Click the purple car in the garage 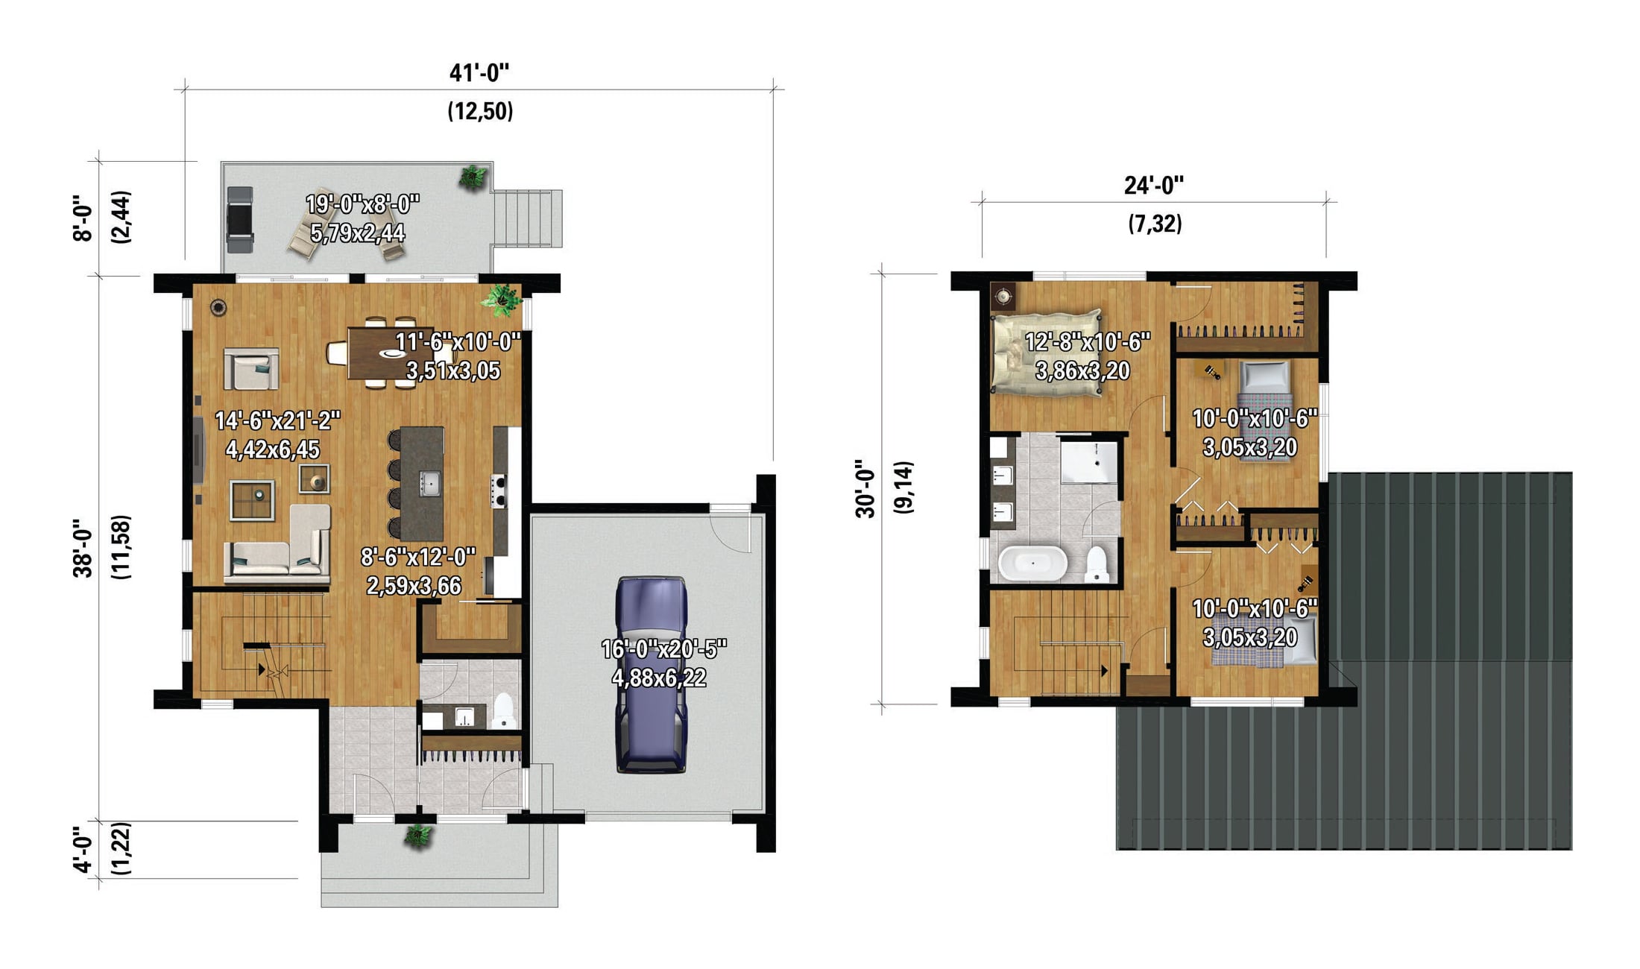[x=651, y=675]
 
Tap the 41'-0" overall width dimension [x=479, y=73]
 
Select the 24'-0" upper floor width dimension [x=1154, y=185]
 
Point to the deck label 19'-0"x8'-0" [x=363, y=203]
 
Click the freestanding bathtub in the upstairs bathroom [x=1032, y=564]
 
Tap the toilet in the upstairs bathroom [x=1096, y=565]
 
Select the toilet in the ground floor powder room [x=505, y=711]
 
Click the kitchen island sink [x=429, y=483]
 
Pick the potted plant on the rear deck [x=473, y=177]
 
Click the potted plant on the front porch [x=418, y=835]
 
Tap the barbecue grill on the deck [x=240, y=219]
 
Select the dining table [x=392, y=354]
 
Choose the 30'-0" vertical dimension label [x=865, y=488]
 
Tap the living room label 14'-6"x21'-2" [x=278, y=421]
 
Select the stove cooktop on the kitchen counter [x=498, y=490]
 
